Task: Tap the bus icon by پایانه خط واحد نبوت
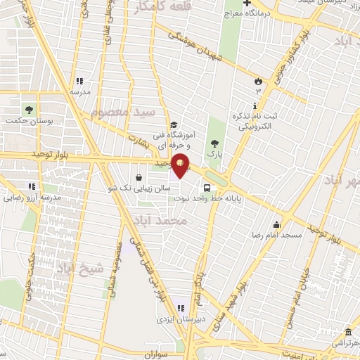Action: click(x=206, y=188)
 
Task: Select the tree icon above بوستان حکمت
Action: click(x=29, y=110)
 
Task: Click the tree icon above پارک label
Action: click(x=215, y=143)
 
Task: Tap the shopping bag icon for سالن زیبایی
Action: click(x=138, y=177)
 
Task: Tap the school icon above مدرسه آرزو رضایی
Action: click(x=31, y=186)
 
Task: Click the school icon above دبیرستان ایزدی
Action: click(x=180, y=307)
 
